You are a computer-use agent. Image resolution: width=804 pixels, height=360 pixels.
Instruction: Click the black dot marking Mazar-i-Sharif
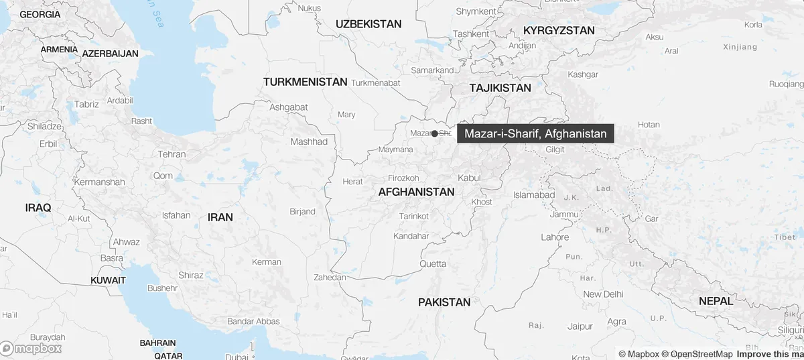coord(435,133)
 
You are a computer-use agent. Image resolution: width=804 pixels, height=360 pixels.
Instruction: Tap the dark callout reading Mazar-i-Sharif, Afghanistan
coord(535,134)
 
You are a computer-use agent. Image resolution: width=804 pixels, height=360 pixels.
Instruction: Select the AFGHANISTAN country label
coord(416,192)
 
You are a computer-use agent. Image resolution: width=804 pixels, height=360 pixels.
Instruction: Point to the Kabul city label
coord(469,178)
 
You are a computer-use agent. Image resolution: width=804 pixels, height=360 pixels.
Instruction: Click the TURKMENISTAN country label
coord(306,82)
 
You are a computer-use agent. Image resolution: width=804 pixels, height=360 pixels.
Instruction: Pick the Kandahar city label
coord(411,236)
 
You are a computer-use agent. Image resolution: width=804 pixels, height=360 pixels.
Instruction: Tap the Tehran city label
coord(172,154)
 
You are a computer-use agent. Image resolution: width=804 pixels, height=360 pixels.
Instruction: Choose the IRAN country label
coord(220,217)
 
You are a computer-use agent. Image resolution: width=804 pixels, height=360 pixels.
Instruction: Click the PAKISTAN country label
coord(444,302)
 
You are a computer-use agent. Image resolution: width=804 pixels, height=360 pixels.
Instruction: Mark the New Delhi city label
coord(603,294)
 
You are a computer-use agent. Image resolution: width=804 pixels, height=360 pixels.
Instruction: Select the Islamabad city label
coord(534,194)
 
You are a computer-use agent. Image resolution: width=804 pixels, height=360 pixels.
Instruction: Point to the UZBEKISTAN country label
coord(368,24)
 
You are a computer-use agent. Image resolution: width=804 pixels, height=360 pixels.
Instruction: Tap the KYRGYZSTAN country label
coord(559,31)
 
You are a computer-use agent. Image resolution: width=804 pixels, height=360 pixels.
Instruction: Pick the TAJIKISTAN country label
coord(500,88)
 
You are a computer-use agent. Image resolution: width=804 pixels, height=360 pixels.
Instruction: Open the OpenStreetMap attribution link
coord(697,354)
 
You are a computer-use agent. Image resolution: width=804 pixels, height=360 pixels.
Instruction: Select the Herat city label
coord(352,182)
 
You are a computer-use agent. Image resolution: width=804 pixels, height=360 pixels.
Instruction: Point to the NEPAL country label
coord(716,301)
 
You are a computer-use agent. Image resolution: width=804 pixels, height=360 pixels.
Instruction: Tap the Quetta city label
coord(433,263)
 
